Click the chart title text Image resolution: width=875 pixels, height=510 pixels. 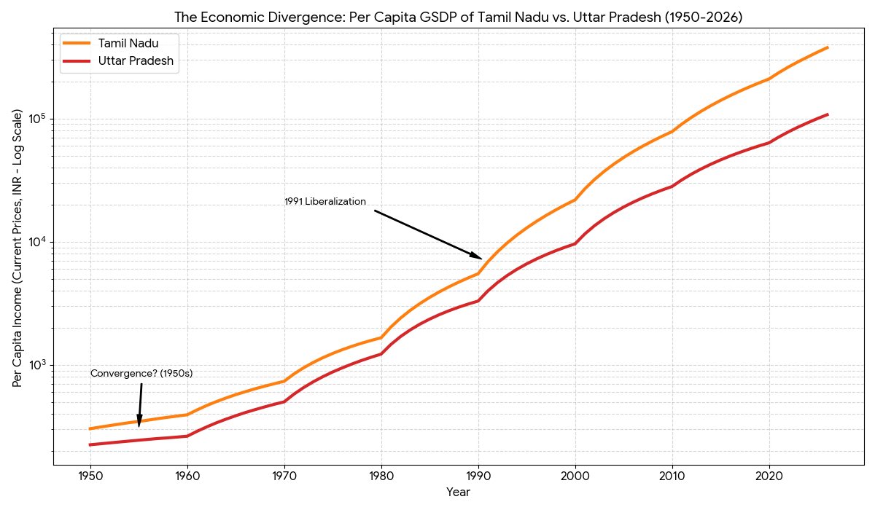[458, 17]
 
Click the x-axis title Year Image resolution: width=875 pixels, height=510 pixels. [458, 493]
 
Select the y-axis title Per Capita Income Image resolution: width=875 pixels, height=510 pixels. [17, 248]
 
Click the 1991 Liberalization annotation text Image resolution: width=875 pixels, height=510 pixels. [325, 202]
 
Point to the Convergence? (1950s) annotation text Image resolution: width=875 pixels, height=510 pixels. [141, 374]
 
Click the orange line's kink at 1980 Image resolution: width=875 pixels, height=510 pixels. [381, 337]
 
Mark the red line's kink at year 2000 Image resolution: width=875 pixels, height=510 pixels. [575, 243]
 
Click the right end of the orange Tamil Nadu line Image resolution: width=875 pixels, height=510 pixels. [828, 47]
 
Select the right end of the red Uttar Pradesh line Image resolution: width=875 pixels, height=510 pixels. [828, 114]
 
